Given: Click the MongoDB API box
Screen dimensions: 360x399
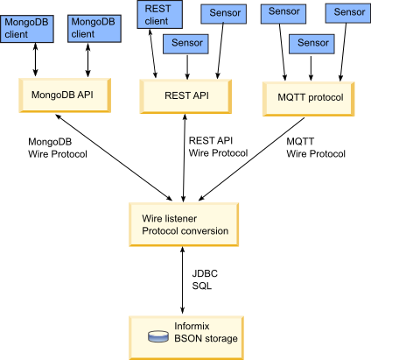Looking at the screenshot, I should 65,95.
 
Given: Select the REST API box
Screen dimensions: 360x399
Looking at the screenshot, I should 185,95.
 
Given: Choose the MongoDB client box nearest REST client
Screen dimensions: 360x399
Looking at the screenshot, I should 92,27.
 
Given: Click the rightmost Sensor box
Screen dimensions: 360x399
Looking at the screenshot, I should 349,12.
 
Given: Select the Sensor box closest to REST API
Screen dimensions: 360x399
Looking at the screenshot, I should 187,43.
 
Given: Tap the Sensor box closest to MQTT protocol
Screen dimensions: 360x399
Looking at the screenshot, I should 312,43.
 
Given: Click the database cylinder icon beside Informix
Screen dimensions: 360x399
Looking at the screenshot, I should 157,336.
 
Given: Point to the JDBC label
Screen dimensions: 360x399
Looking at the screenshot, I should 201,274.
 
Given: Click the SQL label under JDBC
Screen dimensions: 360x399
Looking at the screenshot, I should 201,286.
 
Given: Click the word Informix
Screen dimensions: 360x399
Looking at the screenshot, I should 193,326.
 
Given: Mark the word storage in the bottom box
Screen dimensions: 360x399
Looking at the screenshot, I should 221,338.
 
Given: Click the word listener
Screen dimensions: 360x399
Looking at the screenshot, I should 186,217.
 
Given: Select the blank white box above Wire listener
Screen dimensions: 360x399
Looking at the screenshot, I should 187,168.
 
